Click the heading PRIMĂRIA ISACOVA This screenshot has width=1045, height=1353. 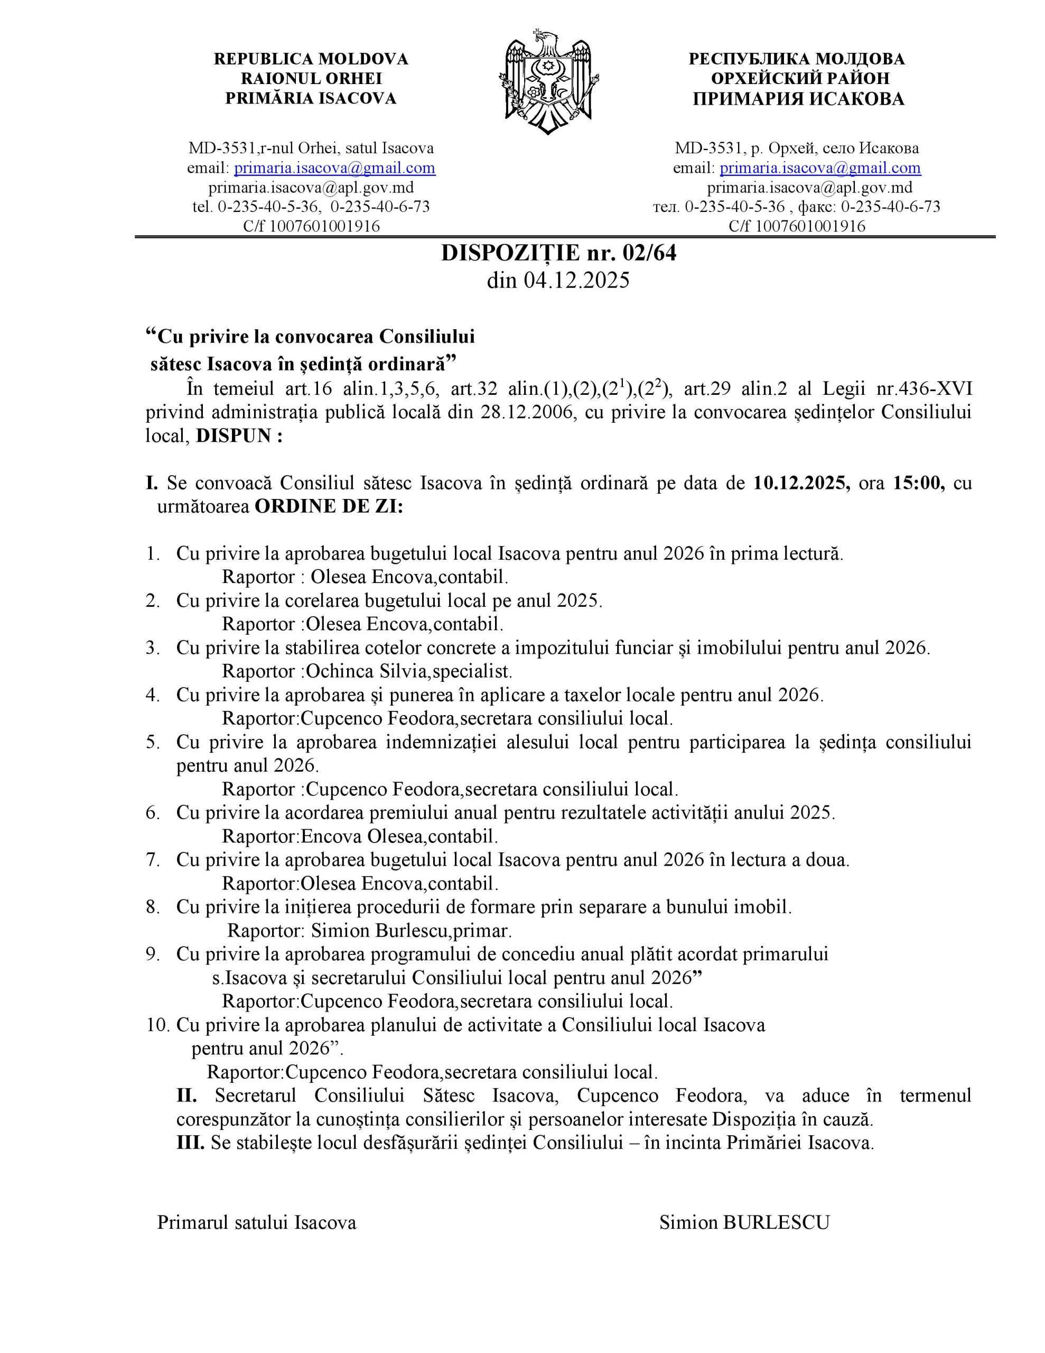click(310, 98)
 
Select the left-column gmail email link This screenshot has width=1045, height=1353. click(334, 168)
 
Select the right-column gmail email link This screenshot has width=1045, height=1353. click(819, 168)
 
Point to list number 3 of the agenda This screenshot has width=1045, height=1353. click(152, 648)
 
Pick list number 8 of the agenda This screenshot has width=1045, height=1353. click(152, 907)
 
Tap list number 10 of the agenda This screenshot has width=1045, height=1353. click(157, 1025)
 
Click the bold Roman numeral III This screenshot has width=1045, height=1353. click(190, 1143)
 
